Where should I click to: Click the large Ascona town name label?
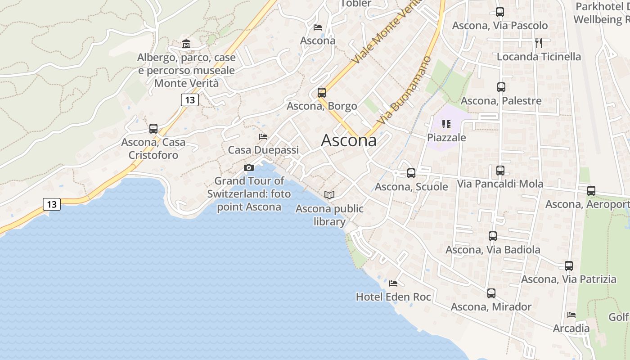coord(349,140)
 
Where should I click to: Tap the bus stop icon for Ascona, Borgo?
coord(321,93)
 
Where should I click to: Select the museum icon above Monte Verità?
coord(186,44)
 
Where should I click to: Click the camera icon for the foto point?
coord(248,168)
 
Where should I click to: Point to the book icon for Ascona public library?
coord(329,195)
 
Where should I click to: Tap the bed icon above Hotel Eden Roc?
coord(393,283)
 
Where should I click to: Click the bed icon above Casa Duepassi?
coord(263,137)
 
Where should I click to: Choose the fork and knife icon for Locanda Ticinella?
coord(539,43)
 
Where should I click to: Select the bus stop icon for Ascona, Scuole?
coord(411,173)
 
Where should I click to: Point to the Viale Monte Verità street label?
coord(385,31)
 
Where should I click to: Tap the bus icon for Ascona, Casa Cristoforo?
coord(153,129)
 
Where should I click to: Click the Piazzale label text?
coord(446,137)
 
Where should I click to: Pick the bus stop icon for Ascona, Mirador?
coord(491,293)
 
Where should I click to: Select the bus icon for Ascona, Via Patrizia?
coord(569,266)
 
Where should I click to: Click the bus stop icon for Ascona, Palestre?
coord(501,87)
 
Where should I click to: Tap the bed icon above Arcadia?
coord(571,315)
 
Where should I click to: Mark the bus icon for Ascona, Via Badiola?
coord(493,236)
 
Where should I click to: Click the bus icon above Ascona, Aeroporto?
coord(591,191)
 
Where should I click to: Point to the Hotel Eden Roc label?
coord(393,297)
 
